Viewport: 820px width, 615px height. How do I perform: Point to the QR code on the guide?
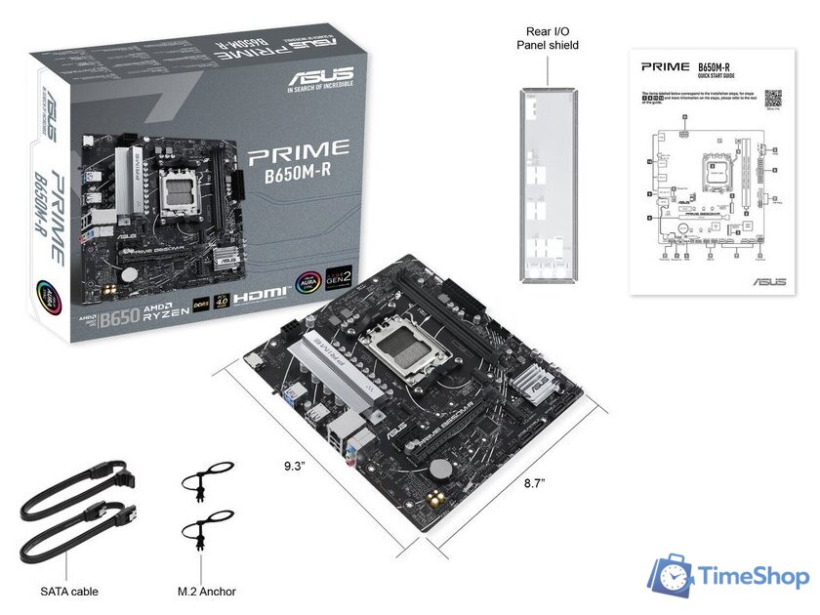pyautogui.click(x=773, y=99)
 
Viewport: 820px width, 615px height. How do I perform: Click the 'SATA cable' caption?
pyautogui.click(x=69, y=592)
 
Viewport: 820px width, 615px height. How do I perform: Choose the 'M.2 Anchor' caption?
pyautogui.click(x=207, y=592)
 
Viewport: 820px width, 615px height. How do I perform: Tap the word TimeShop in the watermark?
pyautogui.click(x=755, y=577)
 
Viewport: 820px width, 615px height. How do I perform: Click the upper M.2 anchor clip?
pyautogui.click(x=207, y=481)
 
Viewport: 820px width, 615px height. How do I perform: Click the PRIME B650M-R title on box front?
pyautogui.click(x=298, y=161)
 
